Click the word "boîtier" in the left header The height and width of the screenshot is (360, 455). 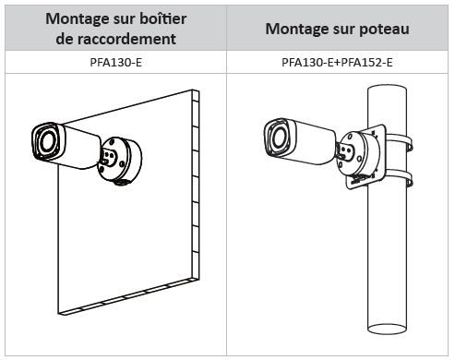tap(162, 18)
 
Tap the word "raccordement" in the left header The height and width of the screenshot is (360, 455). tap(126, 39)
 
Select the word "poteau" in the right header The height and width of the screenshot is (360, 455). tap(384, 30)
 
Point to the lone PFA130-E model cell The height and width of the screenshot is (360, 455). tap(116, 63)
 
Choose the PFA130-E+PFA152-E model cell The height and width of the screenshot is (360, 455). tap(337, 63)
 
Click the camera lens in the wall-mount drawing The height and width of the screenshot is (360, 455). tap(47, 141)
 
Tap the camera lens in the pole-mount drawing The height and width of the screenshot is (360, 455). tap(280, 138)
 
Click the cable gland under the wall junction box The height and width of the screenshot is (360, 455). tap(122, 183)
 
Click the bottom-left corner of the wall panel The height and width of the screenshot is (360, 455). tap(58, 314)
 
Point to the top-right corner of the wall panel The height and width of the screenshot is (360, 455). tap(199, 90)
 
